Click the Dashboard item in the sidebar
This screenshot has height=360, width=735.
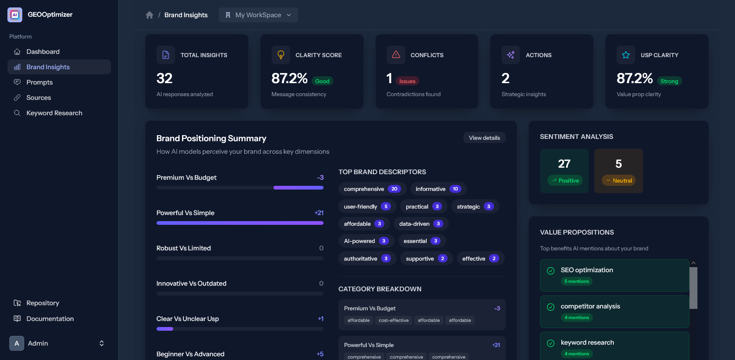pos(43,52)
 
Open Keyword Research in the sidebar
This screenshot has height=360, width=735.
pos(54,113)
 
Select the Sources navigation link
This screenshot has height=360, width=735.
pos(39,98)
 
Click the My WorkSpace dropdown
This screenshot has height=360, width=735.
pos(258,15)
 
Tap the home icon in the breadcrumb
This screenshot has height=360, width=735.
pos(150,15)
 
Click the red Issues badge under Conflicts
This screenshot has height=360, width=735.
pos(407,81)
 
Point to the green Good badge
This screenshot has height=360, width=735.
pos(322,81)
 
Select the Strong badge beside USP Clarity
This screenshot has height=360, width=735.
pos(669,81)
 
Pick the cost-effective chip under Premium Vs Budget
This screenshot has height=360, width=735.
pos(394,321)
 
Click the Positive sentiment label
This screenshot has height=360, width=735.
pos(565,181)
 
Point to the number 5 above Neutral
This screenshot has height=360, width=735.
pos(618,164)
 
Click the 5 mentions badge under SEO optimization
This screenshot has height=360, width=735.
pos(577,281)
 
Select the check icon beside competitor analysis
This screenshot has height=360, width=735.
pos(551,307)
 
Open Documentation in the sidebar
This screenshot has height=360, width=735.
pos(50,319)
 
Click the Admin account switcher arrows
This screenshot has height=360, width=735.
pos(102,343)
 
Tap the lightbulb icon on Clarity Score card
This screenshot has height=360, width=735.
pos(281,55)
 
